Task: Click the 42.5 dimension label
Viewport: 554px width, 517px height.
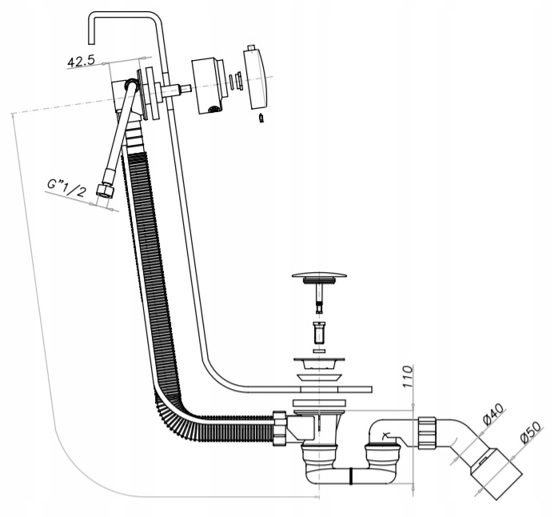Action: (x=82, y=61)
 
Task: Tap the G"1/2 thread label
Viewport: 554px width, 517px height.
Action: (x=67, y=188)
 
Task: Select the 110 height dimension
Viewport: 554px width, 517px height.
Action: (x=408, y=377)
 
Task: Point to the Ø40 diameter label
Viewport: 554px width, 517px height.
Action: (x=493, y=414)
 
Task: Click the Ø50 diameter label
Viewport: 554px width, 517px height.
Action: (x=531, y=432)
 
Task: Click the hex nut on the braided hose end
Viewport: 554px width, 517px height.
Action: (x=105, y=190)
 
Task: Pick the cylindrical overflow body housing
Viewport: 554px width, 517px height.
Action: (x=208, y=86)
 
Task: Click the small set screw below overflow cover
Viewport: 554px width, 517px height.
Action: (x=261, y=118)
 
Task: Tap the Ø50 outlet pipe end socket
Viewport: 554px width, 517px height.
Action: (x=496, y=474)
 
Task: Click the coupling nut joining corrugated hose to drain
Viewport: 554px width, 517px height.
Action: (x=279, y=428)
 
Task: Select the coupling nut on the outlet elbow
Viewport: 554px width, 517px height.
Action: (x=428, y=433)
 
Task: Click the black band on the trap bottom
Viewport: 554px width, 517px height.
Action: (x=351, y=476)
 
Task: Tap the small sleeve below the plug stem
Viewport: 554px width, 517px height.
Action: (x=319, y=331)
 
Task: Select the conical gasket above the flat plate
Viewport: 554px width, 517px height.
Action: (x=320, y=377)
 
